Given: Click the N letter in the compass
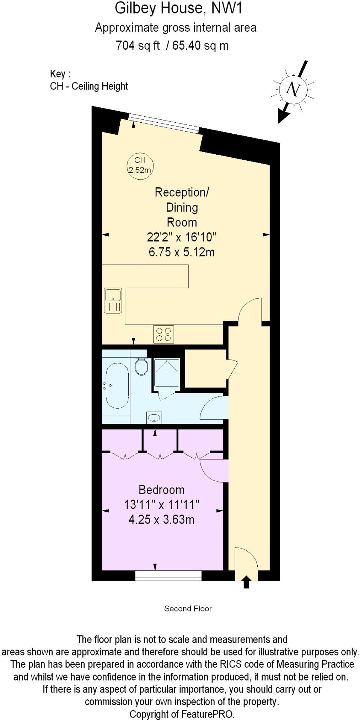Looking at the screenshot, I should [293, 89].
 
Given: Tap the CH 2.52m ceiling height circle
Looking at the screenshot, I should [140, 165].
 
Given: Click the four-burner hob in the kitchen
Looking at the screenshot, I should [163, 334].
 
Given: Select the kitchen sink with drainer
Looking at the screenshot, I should [113, 300].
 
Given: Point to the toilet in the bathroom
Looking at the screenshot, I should [141, 367].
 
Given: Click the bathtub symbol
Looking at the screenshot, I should [117, 385].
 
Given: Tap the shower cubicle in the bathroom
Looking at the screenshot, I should [167, 372].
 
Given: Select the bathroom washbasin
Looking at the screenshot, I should [154, 417].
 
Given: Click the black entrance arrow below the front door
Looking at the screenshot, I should [246, 582].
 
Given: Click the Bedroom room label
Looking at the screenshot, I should [161, 490].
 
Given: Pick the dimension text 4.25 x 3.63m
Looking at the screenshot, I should [161, 519].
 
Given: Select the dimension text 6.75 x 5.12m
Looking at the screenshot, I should [182, 252].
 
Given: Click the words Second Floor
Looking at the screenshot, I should [188, 608].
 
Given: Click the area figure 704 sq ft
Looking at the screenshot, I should [138, 46].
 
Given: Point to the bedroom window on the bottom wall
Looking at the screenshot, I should [168, 575].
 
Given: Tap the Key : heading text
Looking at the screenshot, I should [60, 74].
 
